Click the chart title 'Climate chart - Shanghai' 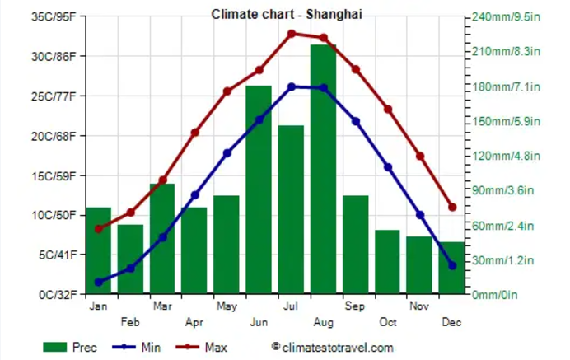(286, 14)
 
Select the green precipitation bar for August (323, 169)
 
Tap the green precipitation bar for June (259, 189)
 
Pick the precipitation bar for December (451, 268)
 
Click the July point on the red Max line (291, 34)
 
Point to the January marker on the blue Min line (99, 282)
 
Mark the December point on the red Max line (452, 208)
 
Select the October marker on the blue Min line (388, 167)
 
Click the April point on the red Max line (195, 133)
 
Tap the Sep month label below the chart (356, 306)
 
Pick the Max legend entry (204, 348)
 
